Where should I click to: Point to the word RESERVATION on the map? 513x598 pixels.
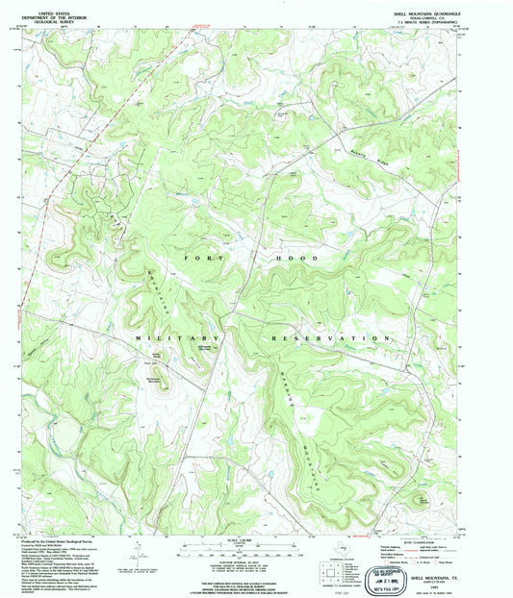coord(326,339)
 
